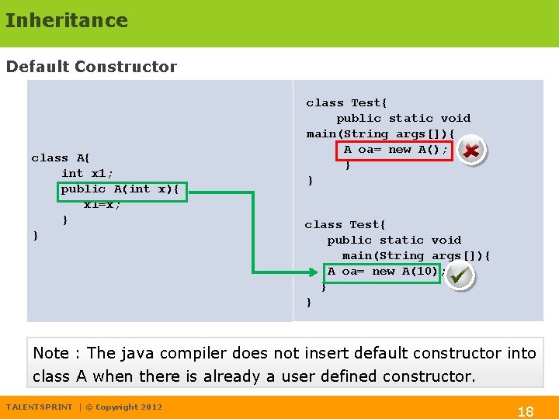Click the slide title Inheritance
(66, 20)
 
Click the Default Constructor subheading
(92, 67)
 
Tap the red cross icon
(470, 151)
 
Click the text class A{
(61, 158)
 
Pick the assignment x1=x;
(102, 205)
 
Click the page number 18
(526, 411)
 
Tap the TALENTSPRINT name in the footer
(39, 407)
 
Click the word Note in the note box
(51, 353)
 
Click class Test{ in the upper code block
(346, 103)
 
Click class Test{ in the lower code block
(345, 225)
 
